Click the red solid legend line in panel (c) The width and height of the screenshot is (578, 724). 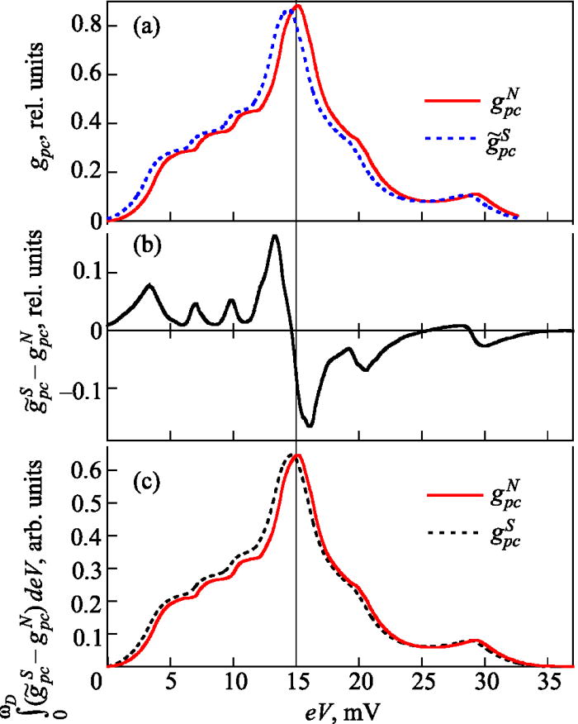pos(452,495)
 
